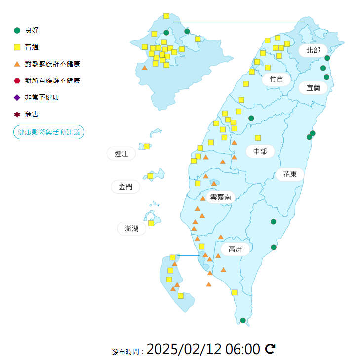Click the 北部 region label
click(x=313, y=50)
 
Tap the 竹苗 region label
click(x=276, y=79)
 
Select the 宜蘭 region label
click(x=313, y=88)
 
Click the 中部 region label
click(x=260, y=151)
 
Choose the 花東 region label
click(x=290, y=174)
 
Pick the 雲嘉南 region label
click(x=221, y=197)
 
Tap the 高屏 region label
click(x=235, y=249)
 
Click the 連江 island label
click(x=121, y=154)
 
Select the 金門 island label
click(x=125, y=187)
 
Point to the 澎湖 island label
click(x=131, y=228)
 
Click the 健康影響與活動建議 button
click(x=49, y=132)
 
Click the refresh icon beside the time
click(x=270, y=349)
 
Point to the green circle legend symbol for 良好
click(x=17, y=31)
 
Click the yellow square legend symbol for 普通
click(x=17, y=47)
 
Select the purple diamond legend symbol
click(x=17, y=97)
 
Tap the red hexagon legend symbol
click(x=17, y=81)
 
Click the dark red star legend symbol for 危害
click(x=17, y=114)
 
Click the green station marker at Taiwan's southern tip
click(x=243, y=320)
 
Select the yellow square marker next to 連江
click(x=147, y=146)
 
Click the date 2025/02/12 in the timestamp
click(x=184, y=349)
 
